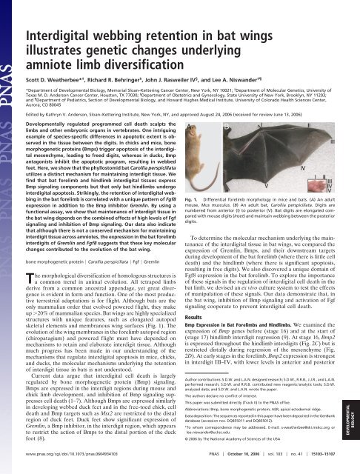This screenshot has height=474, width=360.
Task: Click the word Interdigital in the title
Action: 67,16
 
